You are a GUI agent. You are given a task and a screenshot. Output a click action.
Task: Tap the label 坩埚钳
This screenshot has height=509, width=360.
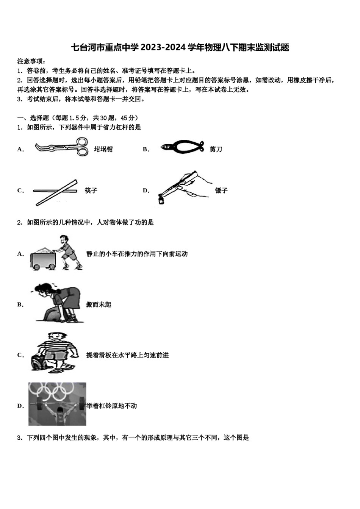point(103,149)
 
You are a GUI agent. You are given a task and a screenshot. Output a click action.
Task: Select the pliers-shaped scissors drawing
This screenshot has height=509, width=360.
point(182,147)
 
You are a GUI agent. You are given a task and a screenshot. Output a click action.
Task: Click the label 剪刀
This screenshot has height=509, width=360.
point(216,149)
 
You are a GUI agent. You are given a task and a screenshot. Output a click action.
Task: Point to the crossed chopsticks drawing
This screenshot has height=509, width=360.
point(55,192)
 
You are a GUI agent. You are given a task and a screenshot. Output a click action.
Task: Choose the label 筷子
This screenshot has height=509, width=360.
point(91,190)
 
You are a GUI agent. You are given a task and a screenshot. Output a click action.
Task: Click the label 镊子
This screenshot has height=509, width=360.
point(221,190)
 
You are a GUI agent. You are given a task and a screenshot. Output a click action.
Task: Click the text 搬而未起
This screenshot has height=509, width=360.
point(99,304)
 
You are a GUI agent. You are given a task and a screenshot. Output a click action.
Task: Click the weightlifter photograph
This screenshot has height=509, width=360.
point(57,404)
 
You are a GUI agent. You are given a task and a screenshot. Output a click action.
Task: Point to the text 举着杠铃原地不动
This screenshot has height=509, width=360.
point(111,406)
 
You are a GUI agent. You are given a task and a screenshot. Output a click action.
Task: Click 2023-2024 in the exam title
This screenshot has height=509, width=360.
point(164,47)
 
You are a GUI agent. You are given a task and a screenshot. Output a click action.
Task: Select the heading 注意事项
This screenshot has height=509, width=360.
point(32,61)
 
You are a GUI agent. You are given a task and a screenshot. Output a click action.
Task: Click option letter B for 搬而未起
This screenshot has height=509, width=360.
point(20,304)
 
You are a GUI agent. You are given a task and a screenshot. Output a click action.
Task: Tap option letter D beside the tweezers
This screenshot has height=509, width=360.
point(146,190)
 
